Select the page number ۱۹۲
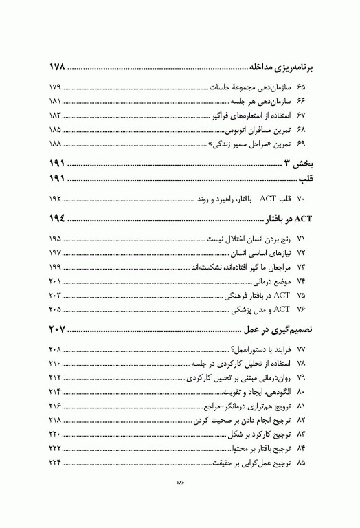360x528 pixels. coord(56,199)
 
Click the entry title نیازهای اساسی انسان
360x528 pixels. coord(257,254)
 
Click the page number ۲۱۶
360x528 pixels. coord(56,404)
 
